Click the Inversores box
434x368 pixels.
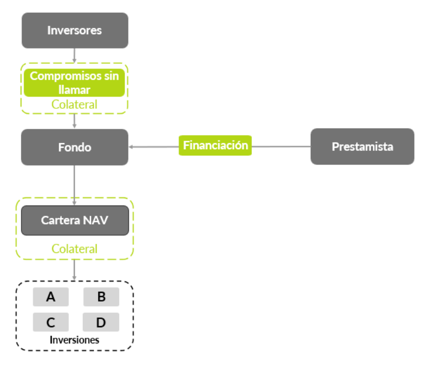[75, 30]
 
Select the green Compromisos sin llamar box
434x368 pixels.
[75, 82]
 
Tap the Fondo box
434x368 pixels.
[75, 147]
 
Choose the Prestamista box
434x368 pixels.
[362, 147]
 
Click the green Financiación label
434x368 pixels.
[215, 146]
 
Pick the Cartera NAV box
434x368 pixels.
[75, 220]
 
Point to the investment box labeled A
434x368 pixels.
[51, 297]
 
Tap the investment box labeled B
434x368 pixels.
[101, 297]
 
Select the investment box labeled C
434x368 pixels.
[51, 323]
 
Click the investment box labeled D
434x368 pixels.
[101, 323]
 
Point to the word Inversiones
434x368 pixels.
[75, 340]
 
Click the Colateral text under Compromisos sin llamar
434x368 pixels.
[75, 104]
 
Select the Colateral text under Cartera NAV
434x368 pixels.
[75, 249]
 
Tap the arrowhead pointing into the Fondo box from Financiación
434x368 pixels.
[131, 147]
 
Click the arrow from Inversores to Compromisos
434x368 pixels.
[75, 55]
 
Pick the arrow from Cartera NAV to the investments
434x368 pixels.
[75, 269]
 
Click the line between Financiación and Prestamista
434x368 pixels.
[281, 147]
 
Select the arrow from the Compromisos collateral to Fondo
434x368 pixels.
[75, 121]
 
